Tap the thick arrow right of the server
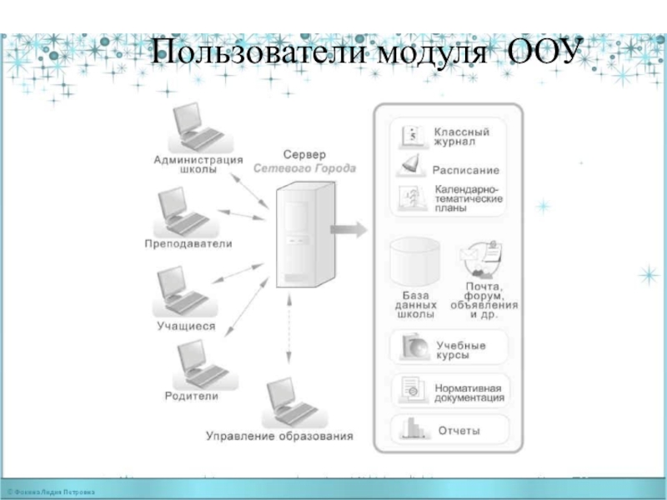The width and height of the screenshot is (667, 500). pos(349,227)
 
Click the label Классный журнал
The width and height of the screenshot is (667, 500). pos(461,137)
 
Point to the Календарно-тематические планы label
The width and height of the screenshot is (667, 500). pos(468,198)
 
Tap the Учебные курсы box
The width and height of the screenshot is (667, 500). pos(449,349)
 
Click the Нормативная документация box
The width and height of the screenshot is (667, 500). pos(449,391)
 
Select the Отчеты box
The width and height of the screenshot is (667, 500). pos(449,431)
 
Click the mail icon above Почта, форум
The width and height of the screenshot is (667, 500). pos(483,257)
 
